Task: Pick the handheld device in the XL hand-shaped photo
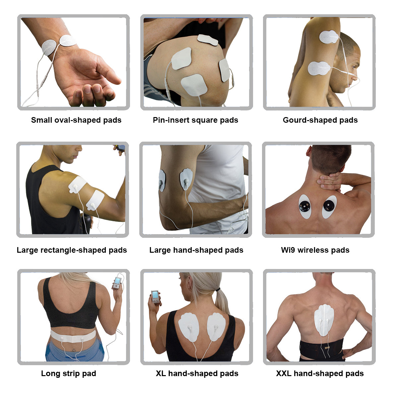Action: tap(155, 297)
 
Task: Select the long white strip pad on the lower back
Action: tap(73, 336)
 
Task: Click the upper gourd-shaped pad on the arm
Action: tap(329, 37)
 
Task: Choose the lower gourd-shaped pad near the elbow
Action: tap(319, 68)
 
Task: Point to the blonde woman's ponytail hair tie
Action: tap(218, 290)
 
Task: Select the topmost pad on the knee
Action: tap(207, 40)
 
